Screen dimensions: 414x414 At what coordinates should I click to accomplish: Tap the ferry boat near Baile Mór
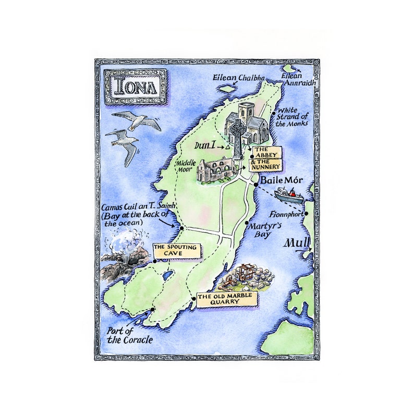288,194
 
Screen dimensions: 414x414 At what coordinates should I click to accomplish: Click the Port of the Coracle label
130,335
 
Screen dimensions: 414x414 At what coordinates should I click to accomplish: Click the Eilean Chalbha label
238,78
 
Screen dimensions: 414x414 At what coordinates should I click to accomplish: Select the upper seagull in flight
137,121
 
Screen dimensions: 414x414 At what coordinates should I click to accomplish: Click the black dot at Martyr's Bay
246,223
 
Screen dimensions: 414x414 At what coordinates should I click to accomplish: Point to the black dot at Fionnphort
307,213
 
